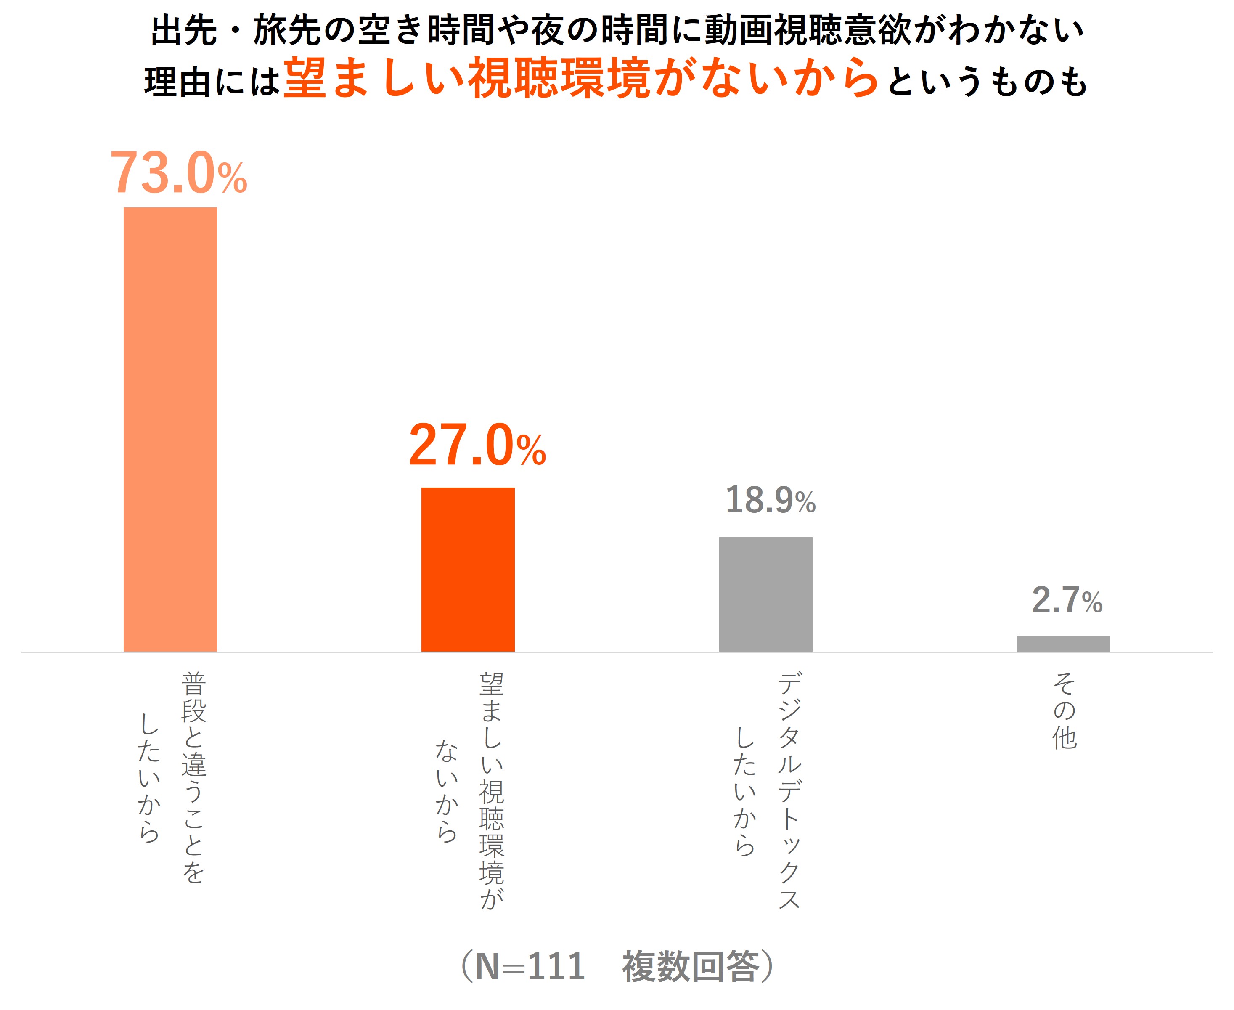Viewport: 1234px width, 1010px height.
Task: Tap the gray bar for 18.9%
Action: (765, 594)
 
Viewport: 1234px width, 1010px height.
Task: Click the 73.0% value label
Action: (179, 173)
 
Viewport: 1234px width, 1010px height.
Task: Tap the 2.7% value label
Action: (1067, 600)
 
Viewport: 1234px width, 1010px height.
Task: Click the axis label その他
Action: (1064, 711)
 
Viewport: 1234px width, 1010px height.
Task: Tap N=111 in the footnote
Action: (530, 967)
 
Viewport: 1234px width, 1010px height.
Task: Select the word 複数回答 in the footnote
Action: (691, 967)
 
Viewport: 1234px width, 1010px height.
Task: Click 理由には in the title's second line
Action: (213, 82)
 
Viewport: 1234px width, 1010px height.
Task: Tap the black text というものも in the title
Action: (987, 82)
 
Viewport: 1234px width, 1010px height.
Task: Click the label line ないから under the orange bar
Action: (447, 791)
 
